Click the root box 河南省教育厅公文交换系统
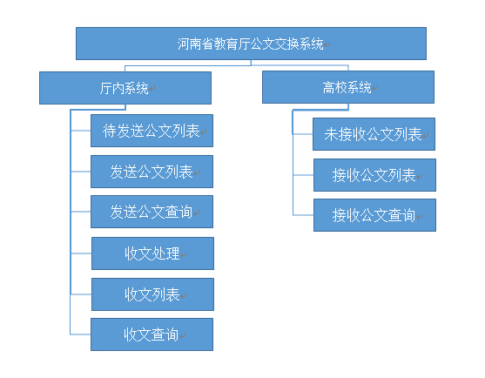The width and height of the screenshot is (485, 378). coord(251,44)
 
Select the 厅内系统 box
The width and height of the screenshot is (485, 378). coord(125,88)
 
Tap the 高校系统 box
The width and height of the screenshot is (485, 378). coord(348,87)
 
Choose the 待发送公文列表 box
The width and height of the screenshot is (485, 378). coord(152,131)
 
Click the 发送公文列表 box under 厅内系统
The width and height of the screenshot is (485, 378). coord(152,172)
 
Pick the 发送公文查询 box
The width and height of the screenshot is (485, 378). coord(152,212)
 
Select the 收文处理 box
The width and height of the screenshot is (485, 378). coord(152,253)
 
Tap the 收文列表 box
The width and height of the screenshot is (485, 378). coord(152,294)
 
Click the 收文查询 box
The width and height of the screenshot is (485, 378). coord(152,334)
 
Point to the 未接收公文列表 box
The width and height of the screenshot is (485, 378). coord(374,134)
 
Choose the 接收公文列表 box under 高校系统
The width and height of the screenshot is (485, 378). coord(374,175)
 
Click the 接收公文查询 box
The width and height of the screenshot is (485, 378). coord(374,215)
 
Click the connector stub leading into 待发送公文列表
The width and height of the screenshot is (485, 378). coord(81,131)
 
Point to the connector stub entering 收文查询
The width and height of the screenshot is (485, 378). coord(80,334)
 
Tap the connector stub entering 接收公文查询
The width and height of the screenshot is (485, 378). coord(303,215)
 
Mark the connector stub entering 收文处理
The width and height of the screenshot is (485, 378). coord(81,253)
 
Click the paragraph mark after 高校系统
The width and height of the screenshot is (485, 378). coord(375,88)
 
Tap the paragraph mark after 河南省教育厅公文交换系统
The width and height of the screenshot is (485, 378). coord(327,44)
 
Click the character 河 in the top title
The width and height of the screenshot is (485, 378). coord(183,44)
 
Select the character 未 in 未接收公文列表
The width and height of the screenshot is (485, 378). coord(331,134)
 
